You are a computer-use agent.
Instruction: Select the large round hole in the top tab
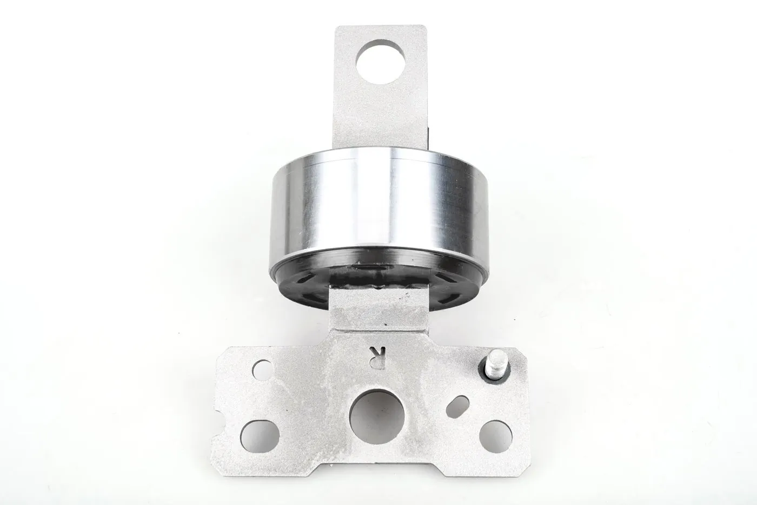point(380,62)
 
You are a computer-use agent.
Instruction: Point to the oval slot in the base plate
point(457,407)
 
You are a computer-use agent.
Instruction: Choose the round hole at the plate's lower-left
point(260,436)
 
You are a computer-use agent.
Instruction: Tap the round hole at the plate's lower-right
point(495,437)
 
